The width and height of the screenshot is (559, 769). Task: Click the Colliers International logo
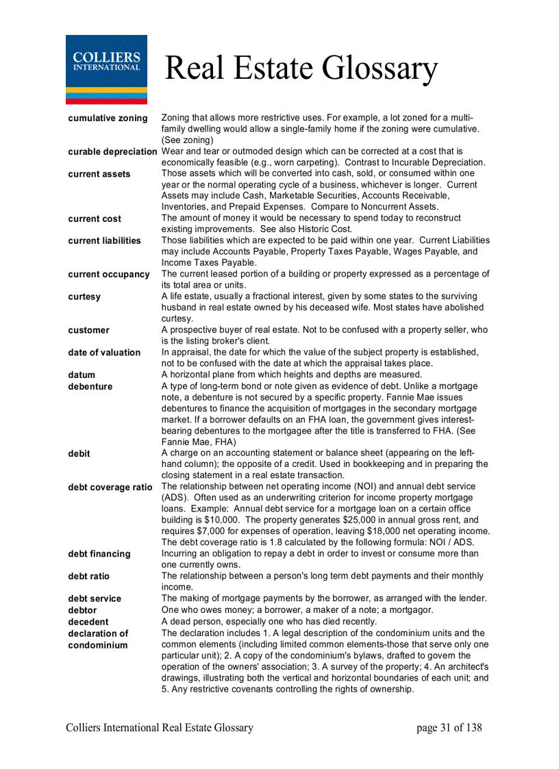tap(106, 69)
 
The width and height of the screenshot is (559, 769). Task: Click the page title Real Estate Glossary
tap(301, 68)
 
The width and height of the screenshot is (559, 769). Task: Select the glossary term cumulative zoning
tap(108, 118)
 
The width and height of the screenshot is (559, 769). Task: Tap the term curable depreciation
tap(112, 151)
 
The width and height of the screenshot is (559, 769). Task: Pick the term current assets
tap(99, 174)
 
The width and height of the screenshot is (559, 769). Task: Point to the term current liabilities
tap(104, 240)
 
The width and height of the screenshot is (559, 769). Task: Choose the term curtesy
tap(84, 297)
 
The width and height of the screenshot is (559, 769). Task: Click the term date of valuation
tap(104, 352)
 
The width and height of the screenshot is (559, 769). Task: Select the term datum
tap(82, 375)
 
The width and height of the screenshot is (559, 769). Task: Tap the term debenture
tap(90, 386)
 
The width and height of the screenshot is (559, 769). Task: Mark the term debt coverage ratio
tap(110, 487)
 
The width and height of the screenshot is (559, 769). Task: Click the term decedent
tap(88, 621)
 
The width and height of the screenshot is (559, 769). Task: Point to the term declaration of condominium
tap(98, 639)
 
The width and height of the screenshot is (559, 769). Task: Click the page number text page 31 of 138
tap(449, 727)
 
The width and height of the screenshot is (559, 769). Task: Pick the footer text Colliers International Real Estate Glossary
tap(160, 727)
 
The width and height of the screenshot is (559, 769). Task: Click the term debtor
tap(82, 609)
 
